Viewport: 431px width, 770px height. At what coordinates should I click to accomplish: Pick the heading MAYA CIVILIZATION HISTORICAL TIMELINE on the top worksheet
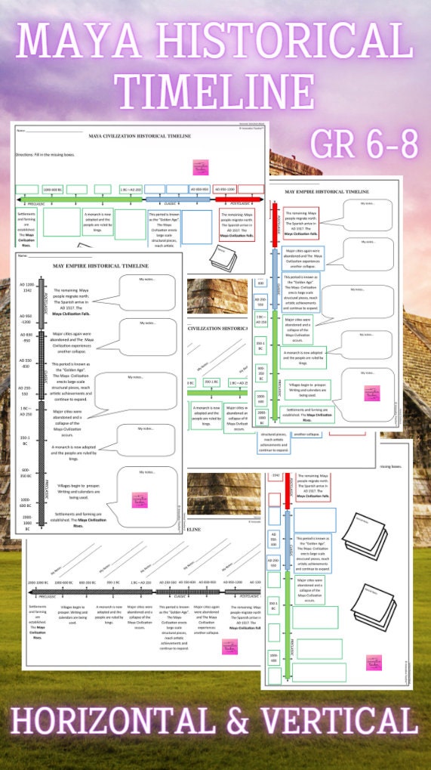tap(140, 136)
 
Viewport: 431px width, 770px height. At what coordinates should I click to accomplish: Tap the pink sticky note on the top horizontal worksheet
tap(201, 166)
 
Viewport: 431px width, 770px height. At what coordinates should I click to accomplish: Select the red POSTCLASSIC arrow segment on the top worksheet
tap(239, 199)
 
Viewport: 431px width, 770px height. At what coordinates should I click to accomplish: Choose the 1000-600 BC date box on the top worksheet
tap(52, 189)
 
